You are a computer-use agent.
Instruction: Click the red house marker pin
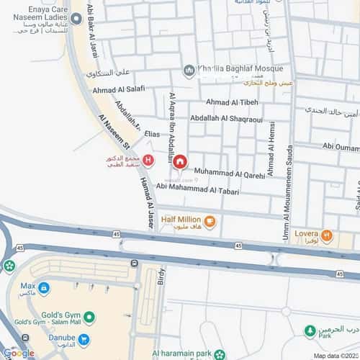tap(180, 161)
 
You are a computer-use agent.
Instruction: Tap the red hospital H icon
tap(148, 160)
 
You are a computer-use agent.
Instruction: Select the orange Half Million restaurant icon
tap(210, 220)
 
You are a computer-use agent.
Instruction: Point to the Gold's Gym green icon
tap(89, 316)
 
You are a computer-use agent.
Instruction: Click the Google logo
tap(18, 353)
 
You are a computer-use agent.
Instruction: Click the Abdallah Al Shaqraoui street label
tap(225, 118)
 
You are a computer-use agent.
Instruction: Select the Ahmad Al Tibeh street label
tap(232, 102)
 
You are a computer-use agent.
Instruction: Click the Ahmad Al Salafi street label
tap(119, 90)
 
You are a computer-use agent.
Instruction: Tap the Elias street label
tap(151, 134)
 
